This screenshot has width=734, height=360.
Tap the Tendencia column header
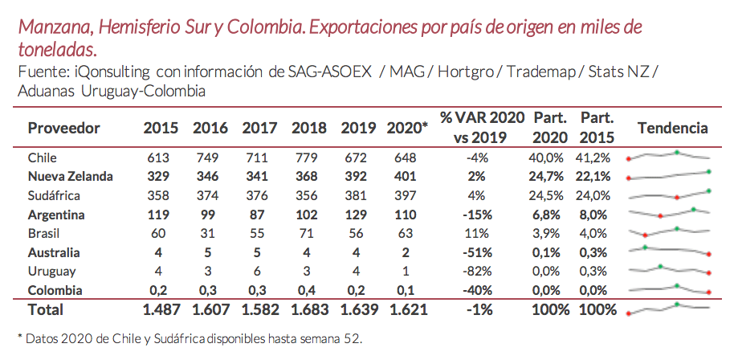(x=672, y=128)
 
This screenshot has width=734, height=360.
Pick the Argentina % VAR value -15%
(x=479, y=215)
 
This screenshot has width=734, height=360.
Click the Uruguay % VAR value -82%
(x=479, y=272)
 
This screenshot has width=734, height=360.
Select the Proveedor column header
(x=63, y=128)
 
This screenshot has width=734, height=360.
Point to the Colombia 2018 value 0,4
(x=305, y=290)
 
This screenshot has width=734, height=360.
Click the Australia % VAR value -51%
(x=479, y=253)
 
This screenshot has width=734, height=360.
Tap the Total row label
(x=46, y=309)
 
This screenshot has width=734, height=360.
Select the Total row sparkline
(x=669, y=308)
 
